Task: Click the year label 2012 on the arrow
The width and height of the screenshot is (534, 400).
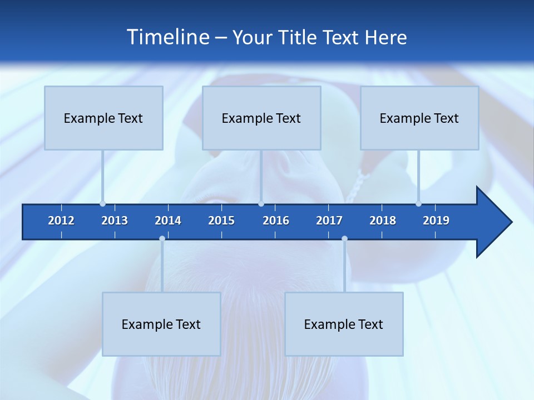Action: coord(61,221)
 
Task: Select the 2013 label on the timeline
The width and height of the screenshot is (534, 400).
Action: coord(115,221)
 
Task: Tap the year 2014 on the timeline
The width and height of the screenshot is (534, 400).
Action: coord(168,221)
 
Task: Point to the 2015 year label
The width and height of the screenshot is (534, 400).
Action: coord(221,221)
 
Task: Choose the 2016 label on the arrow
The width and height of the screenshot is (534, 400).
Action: coord(276,221)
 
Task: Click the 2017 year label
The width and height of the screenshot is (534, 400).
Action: coord(329,221)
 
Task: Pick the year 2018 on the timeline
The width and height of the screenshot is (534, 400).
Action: coord(383,221)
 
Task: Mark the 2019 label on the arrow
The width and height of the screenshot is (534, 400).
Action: coord(436,221)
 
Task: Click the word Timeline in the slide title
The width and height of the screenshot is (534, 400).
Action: coord(168,37)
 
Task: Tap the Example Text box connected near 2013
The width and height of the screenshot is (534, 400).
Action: coord(103,118)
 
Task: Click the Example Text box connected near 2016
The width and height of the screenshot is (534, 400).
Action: coord(261,118)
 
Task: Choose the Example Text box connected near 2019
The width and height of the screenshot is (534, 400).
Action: coord(419,118)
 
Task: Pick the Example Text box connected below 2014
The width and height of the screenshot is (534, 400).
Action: coord(161,324)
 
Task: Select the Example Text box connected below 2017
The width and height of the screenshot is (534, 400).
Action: coord(344,324)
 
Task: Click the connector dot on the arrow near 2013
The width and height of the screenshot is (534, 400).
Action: coord(102,204)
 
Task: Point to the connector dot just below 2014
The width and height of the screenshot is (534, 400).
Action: coord(162,239)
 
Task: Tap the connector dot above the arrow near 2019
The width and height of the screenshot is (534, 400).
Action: coord(418,204)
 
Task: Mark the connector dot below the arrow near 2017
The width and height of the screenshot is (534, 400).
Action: coord(344,239)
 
